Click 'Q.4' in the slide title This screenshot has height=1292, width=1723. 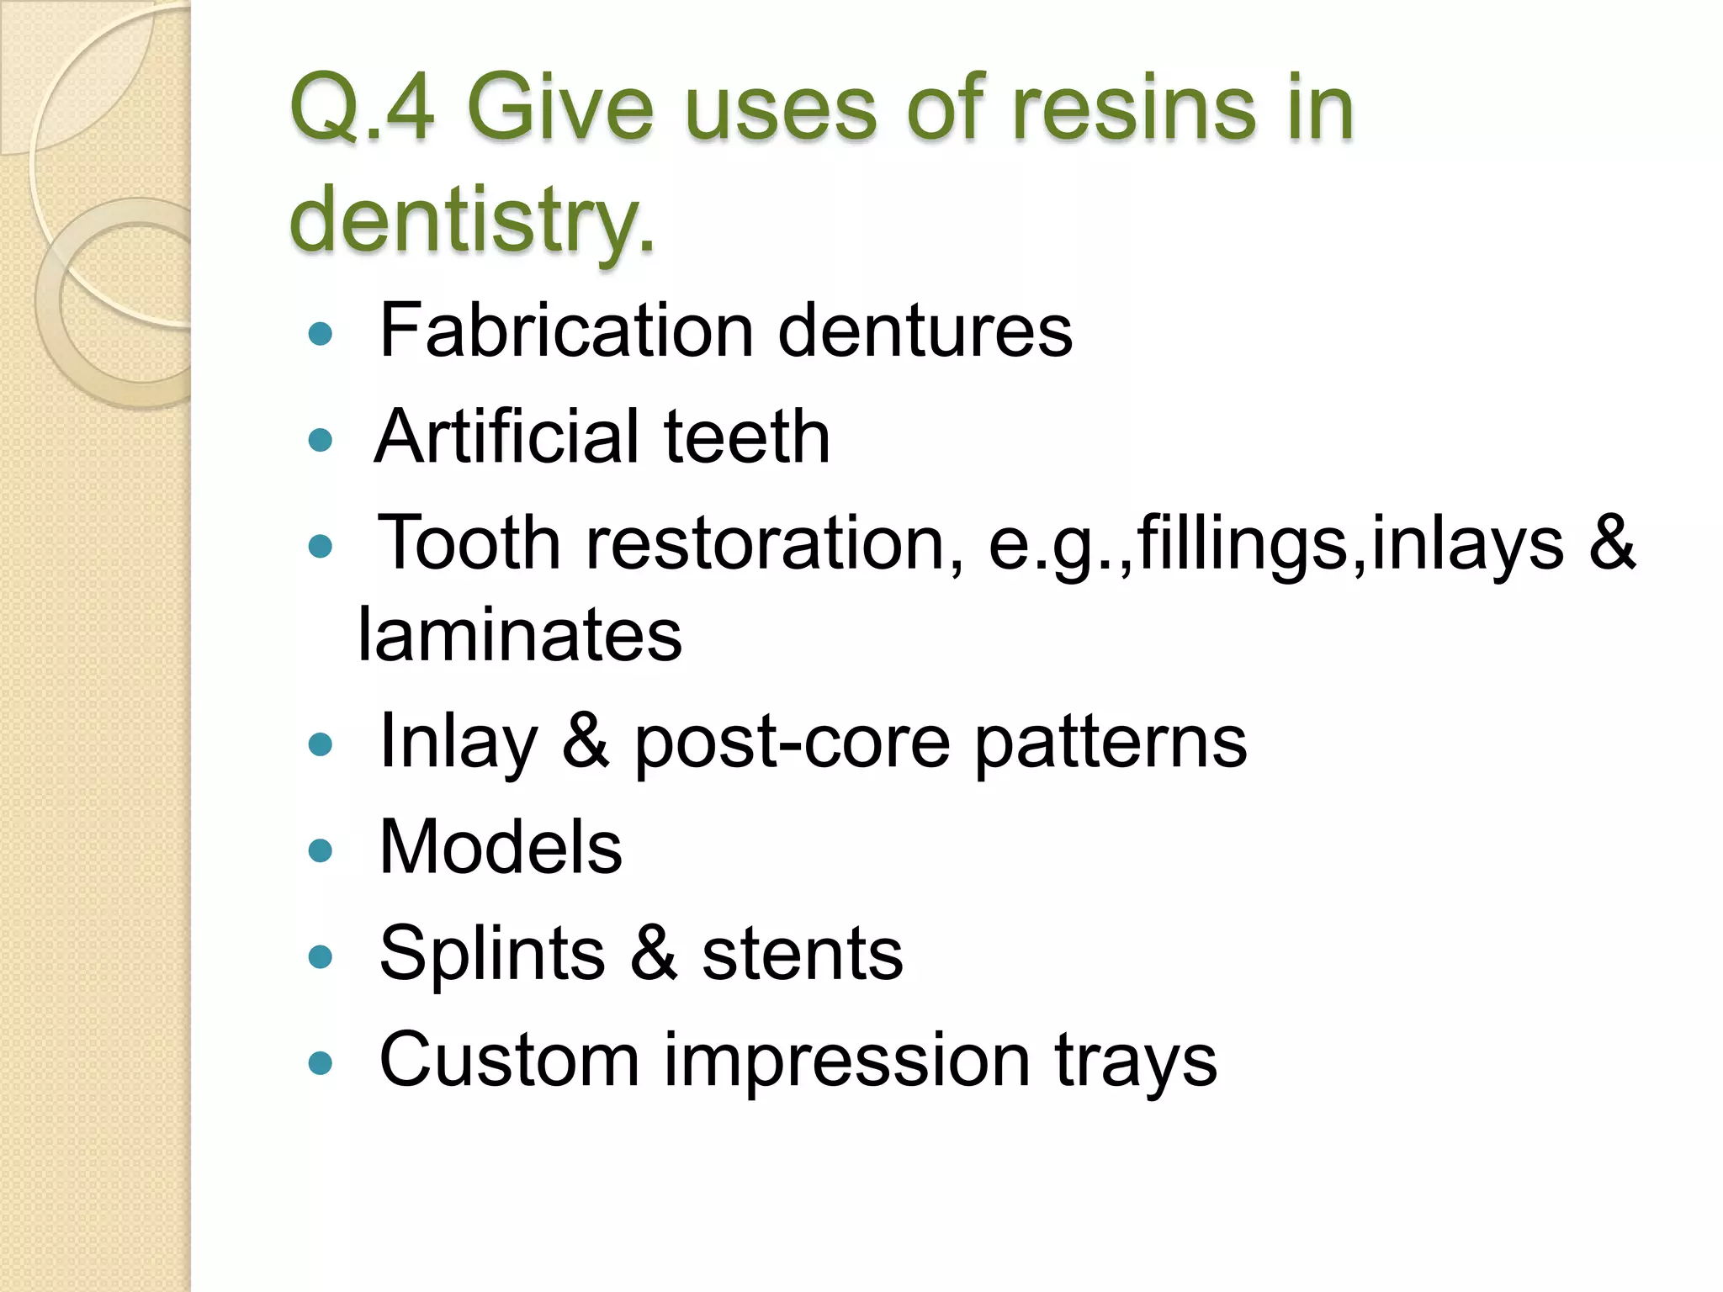pos(363,109)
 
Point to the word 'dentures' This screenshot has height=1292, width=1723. pos(925,331)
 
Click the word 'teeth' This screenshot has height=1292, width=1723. pos(746,437)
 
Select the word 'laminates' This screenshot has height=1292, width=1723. pos(520,634)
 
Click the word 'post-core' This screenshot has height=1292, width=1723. pos(792,742)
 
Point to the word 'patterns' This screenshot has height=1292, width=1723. pos(1111,742)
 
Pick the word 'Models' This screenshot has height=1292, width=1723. pos(501,847)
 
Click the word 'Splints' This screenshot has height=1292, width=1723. pos(492,953)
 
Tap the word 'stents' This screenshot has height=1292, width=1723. pos(802,953)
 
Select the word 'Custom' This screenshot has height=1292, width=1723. pos(509,1060)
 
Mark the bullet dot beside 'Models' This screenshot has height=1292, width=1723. pos(321,850)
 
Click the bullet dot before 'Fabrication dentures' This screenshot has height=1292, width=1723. pos(321,335)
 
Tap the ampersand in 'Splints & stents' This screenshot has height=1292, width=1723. pos(654,953)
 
